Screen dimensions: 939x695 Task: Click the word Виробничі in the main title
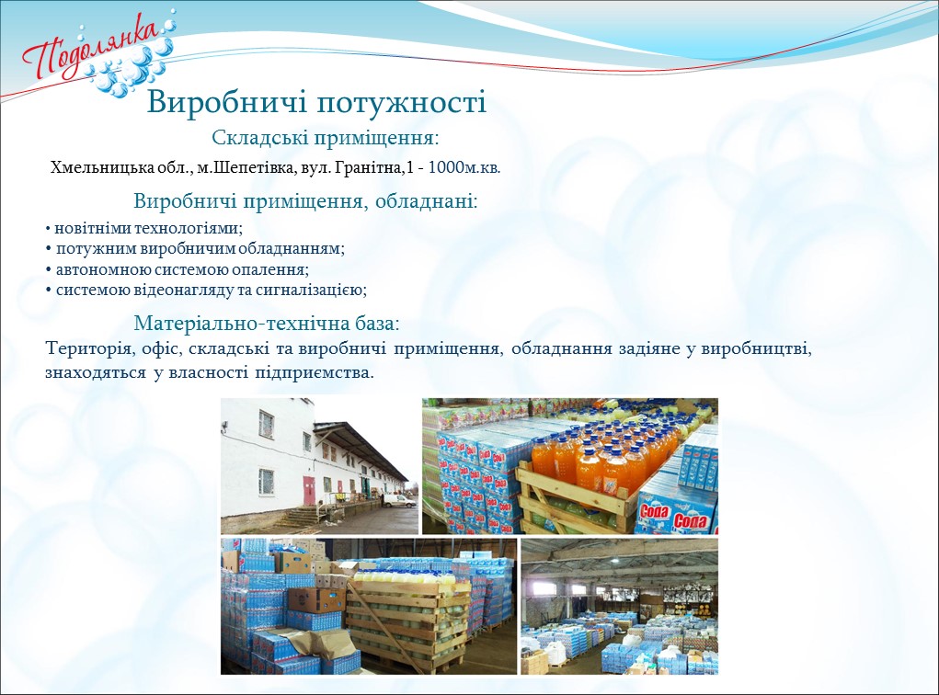[226, 102]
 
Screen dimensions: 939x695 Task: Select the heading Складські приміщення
[326, 138]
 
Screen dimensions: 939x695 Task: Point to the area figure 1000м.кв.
[464, 167]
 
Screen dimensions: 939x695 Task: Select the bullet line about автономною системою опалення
[177, 269]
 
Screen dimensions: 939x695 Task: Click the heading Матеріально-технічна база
[267, 324]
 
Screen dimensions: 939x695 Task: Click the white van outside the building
[399, 500]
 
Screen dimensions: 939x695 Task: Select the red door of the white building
[308, 491]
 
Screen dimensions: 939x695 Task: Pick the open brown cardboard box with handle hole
[318, 598]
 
